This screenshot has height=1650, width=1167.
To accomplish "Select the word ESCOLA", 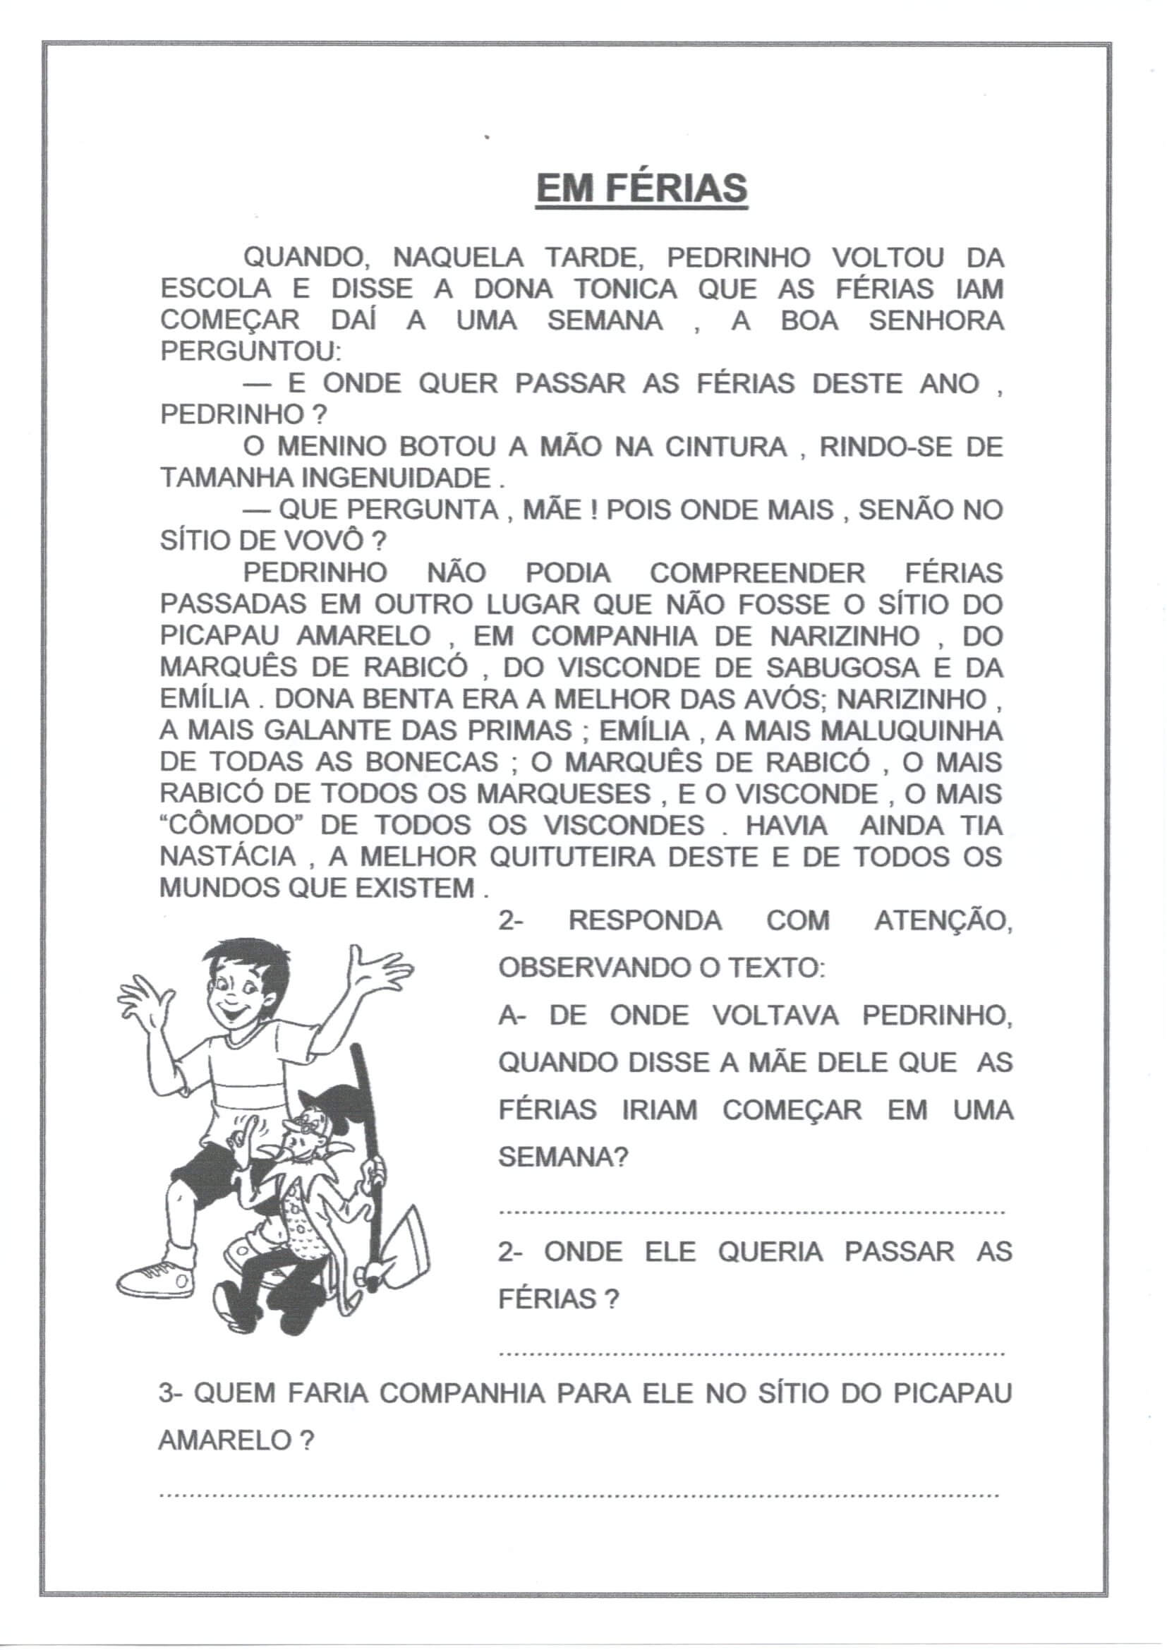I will (216, 289).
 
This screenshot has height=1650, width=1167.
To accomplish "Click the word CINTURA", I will (726, 447).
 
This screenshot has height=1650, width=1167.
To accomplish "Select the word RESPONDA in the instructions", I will (645, 920).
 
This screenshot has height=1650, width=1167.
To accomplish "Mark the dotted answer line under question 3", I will (579, 1495).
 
